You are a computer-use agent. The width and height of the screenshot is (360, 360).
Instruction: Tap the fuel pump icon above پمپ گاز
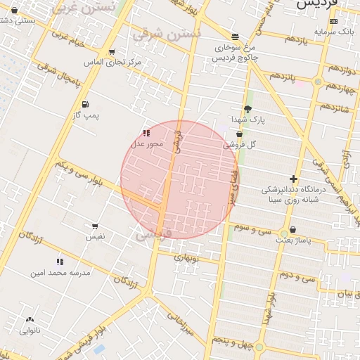[83, 104]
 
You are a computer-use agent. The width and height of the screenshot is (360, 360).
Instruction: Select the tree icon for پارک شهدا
[247, 109]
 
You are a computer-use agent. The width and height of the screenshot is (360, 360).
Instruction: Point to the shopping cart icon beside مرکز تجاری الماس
[111, 52]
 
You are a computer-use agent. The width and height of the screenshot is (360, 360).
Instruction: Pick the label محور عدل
[146, 143]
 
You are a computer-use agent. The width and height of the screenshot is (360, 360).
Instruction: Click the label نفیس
[95, 237]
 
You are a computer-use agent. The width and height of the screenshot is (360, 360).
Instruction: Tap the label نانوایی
[30, 330]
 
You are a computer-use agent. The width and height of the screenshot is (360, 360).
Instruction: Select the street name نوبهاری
[188, 258]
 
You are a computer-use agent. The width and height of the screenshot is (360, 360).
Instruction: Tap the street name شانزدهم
[335, 107]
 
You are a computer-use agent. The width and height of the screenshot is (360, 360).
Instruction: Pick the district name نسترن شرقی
[176, 33]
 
